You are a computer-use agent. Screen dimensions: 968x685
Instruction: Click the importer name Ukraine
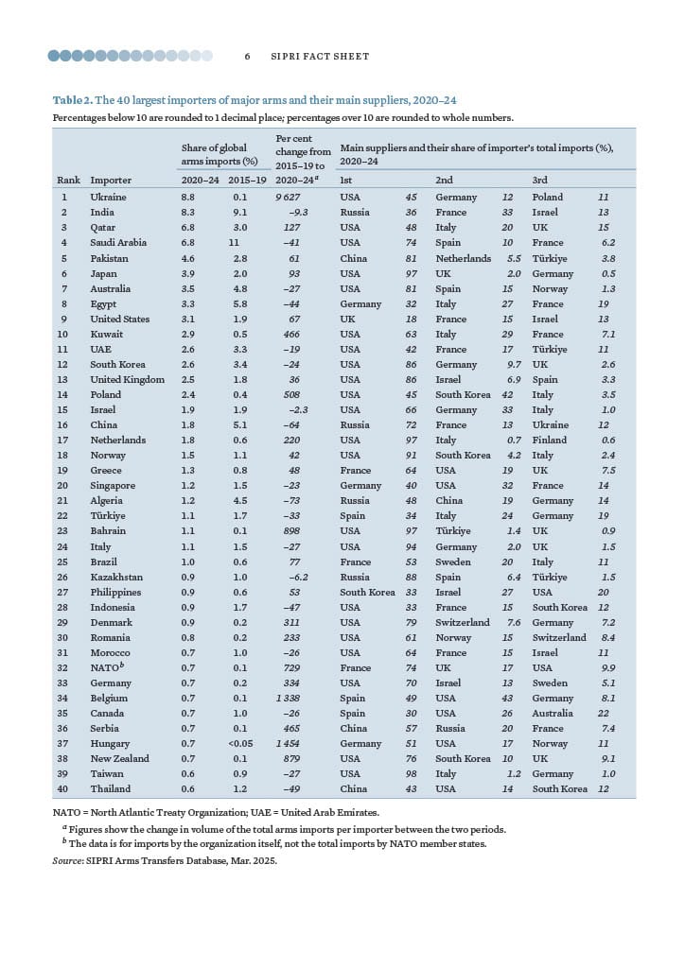(x=108, y=198)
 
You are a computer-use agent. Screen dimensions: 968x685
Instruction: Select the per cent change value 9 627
(x=288, y=198)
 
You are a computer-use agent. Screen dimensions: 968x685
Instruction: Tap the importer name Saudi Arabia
(x=118, y=243)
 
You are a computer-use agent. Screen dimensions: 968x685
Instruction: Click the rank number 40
(x=63, y=788)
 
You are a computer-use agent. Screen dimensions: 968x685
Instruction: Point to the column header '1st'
(x=345, y=180)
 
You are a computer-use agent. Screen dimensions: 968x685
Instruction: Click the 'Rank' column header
(x=68, y=180)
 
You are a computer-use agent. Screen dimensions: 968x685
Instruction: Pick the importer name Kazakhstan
(x=116, y=577)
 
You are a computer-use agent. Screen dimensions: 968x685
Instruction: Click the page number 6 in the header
(x=247, y=57)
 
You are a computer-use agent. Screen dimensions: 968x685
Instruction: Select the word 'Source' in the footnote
(x=69, y=861)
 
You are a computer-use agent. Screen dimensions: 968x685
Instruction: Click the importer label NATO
(x=104, y=667)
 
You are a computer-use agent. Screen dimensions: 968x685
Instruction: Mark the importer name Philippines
(x=115, y=592)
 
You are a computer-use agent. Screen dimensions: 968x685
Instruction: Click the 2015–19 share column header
(x=247, y=180)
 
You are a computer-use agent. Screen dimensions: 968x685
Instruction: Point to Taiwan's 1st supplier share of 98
(x=412, y=773)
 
